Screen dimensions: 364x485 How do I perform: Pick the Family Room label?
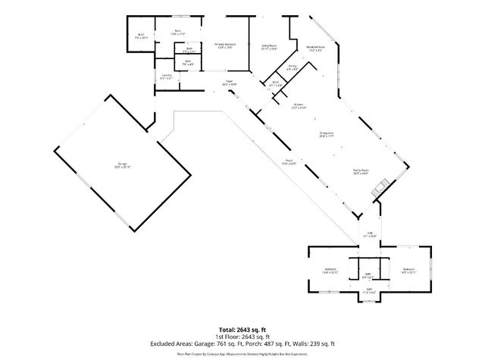[x=360, y=171]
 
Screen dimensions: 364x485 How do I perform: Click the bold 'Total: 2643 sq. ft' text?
[x=242, y=330]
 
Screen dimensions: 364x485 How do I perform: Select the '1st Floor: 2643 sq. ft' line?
[x=242, y=337]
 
